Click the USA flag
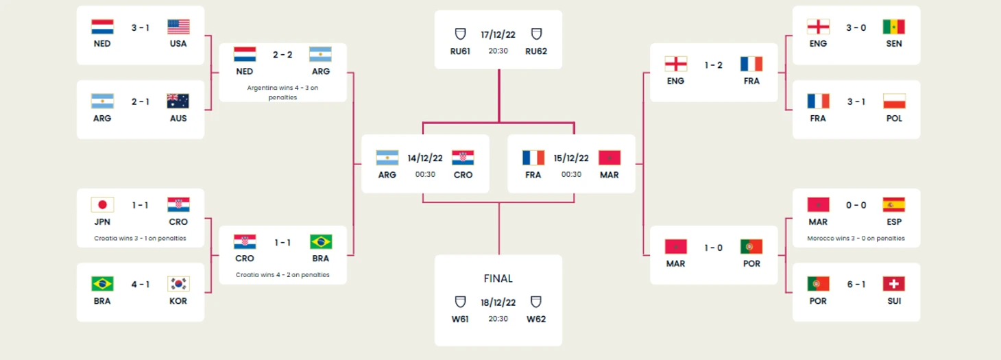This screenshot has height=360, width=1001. click(x=178, y=27)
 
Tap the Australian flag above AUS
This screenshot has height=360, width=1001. click(x=178, y=101)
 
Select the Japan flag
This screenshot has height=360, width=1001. click(x=102, y=205)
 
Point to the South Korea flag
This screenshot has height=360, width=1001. click(x=178, y=283)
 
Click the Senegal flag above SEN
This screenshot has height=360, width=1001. click(x=894, y=27)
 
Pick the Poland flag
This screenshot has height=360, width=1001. click(x=894, y=101)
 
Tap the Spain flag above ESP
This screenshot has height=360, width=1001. click(x=894, y=205)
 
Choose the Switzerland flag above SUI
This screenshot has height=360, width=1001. click(x=894, y=283)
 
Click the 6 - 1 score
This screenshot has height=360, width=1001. click(x=856, y=285)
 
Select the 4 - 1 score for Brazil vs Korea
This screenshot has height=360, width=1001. click(x=141, y=285)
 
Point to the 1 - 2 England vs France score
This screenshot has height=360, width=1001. click(x=714, y=65)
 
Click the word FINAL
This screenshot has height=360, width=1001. click(x=498, y=278)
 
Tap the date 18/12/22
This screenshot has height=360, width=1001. click(x=498, y=303)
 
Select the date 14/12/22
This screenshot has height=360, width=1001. click(x=425, y=158)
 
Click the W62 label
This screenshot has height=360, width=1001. click(x=536, y=320)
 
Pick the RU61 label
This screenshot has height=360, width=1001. click(x=460, y=51)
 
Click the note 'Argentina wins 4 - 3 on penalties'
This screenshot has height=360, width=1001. click(x=282, y=93)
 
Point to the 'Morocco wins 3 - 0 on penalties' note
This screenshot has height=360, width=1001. click(x=856, y=239)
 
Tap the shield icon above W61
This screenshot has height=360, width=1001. click(x=460, y=302)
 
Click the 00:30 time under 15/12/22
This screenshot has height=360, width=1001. click(x=571, y=174)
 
